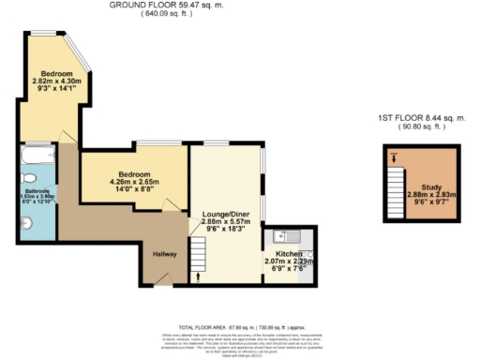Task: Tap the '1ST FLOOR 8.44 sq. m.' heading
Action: point(421,118)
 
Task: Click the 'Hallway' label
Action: point(154,254)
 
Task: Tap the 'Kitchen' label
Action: point(288,254)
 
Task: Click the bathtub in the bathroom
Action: point(37,153)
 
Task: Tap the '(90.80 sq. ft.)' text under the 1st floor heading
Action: point(421,127)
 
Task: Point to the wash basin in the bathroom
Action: point(26,222)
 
